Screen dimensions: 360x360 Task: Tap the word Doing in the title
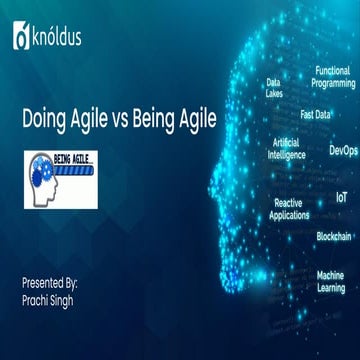click(43, 118)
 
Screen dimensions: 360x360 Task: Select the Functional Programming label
click(332, 76)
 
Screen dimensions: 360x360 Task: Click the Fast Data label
click(315, 113)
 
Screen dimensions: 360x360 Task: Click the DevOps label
click(343, 150)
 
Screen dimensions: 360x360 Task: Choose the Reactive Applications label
click(289, 208)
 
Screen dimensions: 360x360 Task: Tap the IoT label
click(341, 198)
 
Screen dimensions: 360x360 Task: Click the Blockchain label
click(333, 236)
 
